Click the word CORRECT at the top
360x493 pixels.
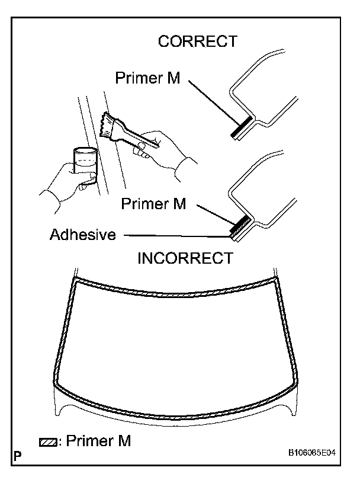click(x=197, y=41)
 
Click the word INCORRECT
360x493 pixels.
click(x=185, y=258)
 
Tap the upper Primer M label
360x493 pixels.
click(x=147, y=78)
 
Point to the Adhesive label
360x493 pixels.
click(x=82, y=235)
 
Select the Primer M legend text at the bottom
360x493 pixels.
click(x=98, y=441)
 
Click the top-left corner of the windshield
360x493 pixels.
click(x=75, y=280)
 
